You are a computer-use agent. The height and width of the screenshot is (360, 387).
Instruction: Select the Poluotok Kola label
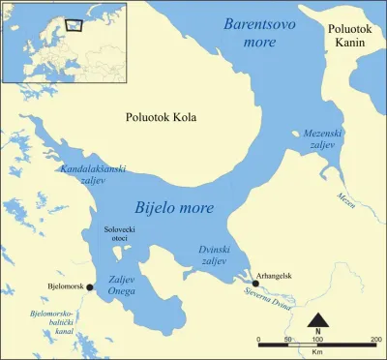[x=161, y=118]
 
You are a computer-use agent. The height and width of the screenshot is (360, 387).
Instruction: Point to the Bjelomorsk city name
[x=64, y=286]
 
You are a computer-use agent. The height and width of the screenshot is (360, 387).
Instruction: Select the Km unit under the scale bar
[x=317, y=352]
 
